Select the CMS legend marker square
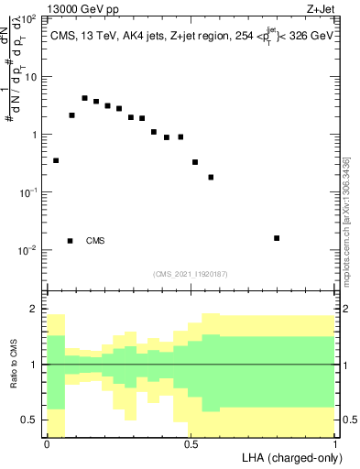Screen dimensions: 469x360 tap(71, 241)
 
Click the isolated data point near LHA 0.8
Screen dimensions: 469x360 tap(277, 238)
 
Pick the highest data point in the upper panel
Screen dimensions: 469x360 tap(84, 98)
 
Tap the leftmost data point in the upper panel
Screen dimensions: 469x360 tap(56, 160)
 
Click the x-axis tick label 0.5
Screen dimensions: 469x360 tap(191, 443)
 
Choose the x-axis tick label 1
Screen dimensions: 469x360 tap(336, 443)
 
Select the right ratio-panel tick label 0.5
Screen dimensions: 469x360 tap(349, 420)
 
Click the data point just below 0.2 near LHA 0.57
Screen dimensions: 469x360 tap(211, 177)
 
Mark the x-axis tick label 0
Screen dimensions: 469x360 tap(47, 443)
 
